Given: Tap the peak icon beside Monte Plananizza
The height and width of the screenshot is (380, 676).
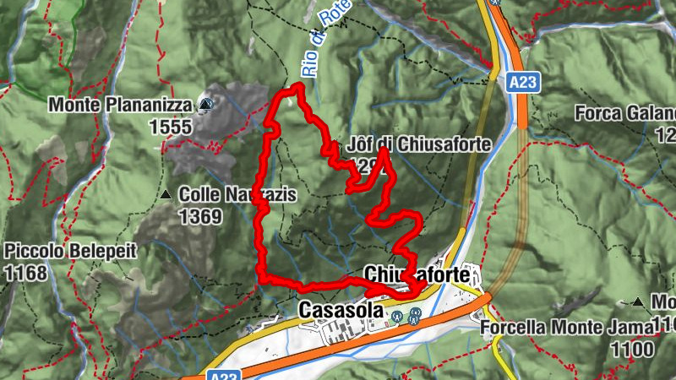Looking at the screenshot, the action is (206, 105).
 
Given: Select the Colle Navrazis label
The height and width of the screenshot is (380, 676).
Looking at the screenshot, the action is (237, 196).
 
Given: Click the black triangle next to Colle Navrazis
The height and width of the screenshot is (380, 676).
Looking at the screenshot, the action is (166, 196).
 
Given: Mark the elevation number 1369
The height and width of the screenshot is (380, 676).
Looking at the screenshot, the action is (200, 217).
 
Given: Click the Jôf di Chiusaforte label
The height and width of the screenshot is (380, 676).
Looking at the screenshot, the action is (419, 145).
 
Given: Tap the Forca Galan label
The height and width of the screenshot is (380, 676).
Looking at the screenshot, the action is (625, 112).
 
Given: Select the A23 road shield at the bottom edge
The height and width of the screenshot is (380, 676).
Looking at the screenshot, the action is (217, 374).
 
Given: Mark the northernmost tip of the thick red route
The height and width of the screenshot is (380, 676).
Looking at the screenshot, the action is (297, 86).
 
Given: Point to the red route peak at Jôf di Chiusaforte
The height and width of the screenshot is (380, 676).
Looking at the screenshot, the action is (384, 152).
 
